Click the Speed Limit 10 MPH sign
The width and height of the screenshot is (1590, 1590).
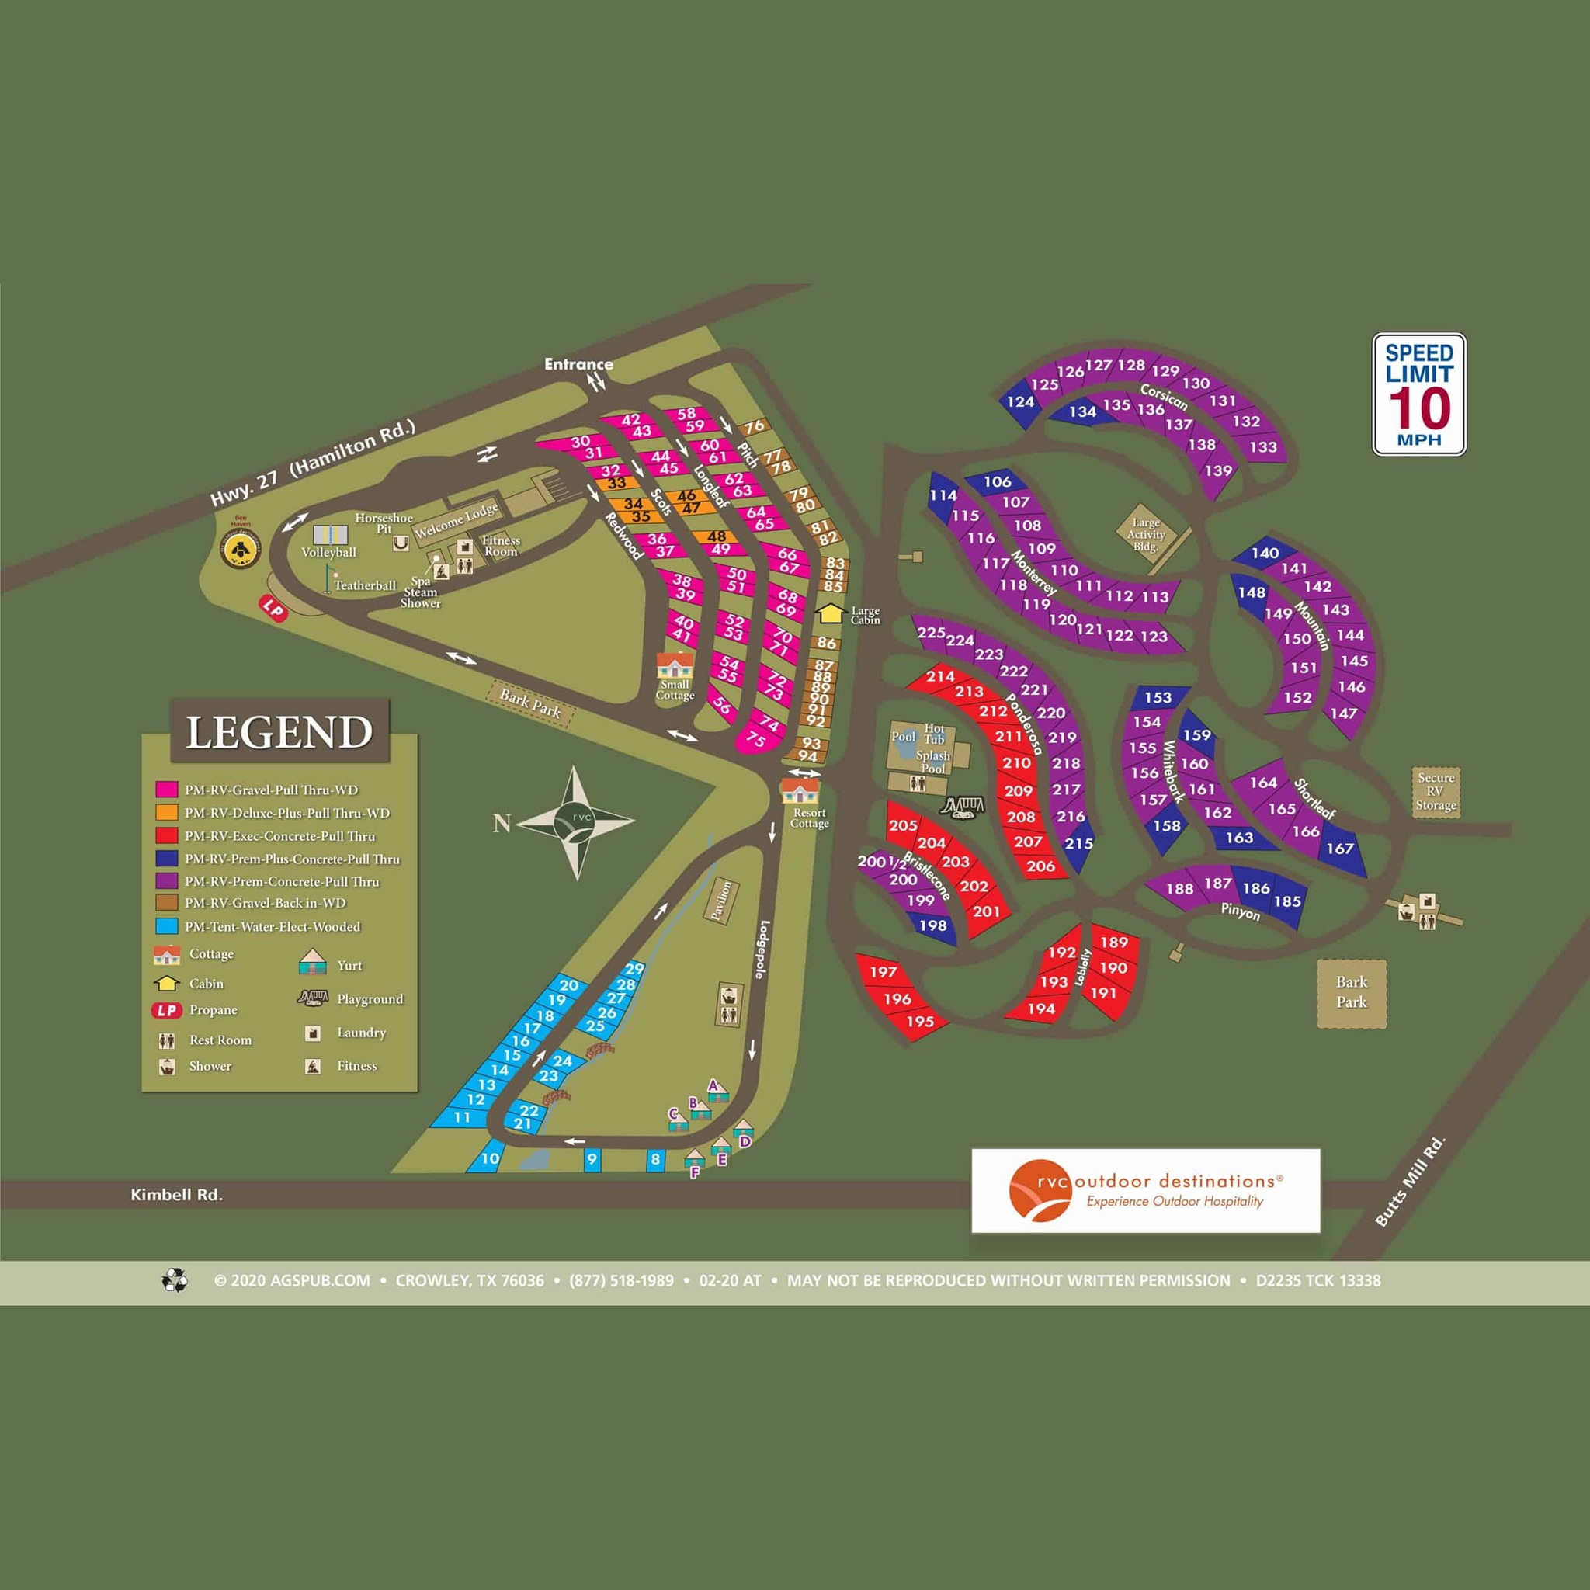pos(1419,394)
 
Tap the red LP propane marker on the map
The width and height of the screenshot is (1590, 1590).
pos(273,609)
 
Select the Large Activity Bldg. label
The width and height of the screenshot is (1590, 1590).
pos(1146,534)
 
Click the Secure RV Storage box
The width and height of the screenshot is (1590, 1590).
pos(1436,791)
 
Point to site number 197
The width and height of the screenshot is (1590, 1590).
pos(883,972)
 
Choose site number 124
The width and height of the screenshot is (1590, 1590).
pos(1019,401)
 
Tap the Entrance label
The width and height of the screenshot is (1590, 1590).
pos(578,364)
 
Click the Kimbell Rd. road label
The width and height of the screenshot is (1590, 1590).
pos(176,1195)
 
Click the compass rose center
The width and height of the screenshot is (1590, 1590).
pos(577,821)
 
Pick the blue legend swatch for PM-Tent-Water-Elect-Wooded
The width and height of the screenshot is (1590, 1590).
pos(167,926)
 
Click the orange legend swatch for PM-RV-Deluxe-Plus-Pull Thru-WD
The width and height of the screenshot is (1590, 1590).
pos(167,812)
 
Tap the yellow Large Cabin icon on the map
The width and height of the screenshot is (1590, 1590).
pos(830,613)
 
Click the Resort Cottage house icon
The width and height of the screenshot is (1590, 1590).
pos(800,792)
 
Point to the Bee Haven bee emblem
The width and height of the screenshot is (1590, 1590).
pos(241,549)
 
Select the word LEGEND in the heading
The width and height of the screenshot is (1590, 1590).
pos(279,731)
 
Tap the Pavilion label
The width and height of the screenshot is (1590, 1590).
pos(722,902)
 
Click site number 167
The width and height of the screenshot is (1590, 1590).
pos(1340,848)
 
